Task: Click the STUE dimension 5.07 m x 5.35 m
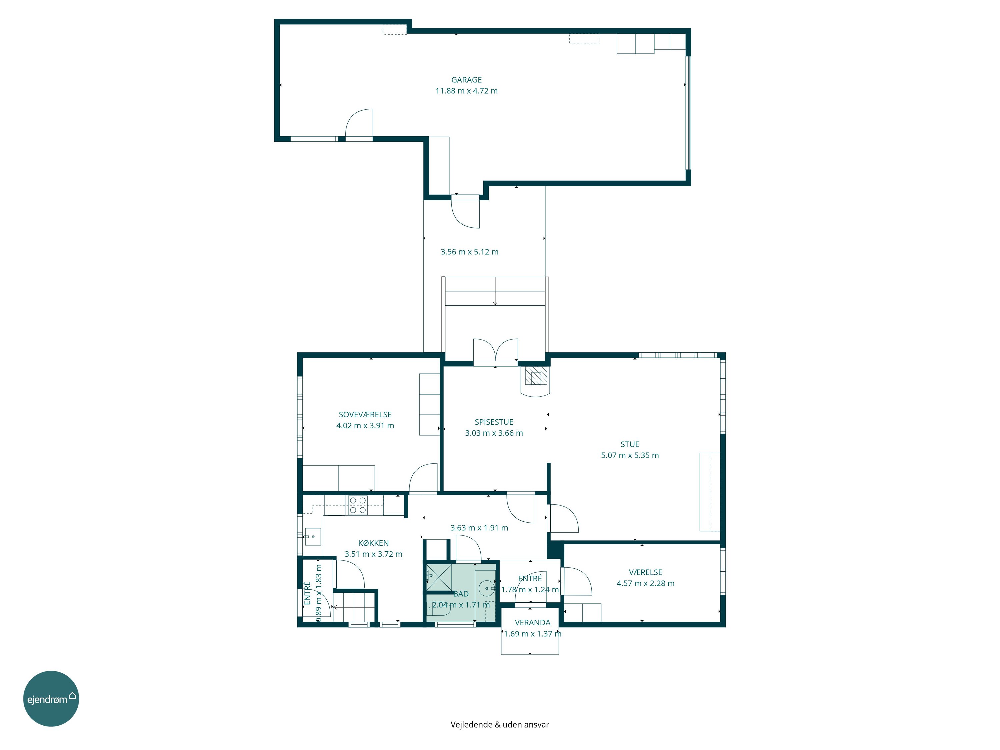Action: (630, 455)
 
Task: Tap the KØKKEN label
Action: (373, 543)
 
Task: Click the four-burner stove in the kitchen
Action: (358, 505)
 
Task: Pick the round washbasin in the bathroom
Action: (487, 588)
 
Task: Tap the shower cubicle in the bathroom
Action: (439, 577)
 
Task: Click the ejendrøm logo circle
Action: (51, 698)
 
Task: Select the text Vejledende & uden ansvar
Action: (500, 725)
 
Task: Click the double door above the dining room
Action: (495, 350)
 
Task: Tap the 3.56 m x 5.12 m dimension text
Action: (469, 252)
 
